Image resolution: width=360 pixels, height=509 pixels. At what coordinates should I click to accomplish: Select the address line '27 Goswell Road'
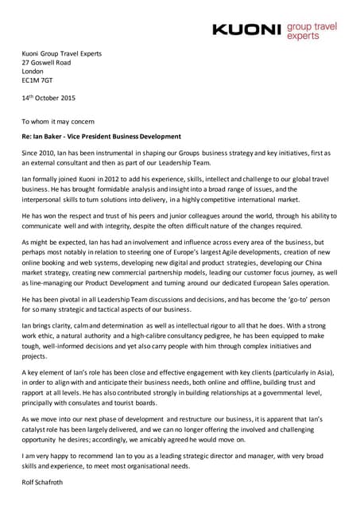coord(46,62)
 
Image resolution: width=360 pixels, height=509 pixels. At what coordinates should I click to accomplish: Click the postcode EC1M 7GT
coord(38,81)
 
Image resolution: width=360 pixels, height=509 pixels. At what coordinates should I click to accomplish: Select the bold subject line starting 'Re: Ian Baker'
coord(101,137)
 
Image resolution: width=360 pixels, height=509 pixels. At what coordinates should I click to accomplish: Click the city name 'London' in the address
coord(33,72)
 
